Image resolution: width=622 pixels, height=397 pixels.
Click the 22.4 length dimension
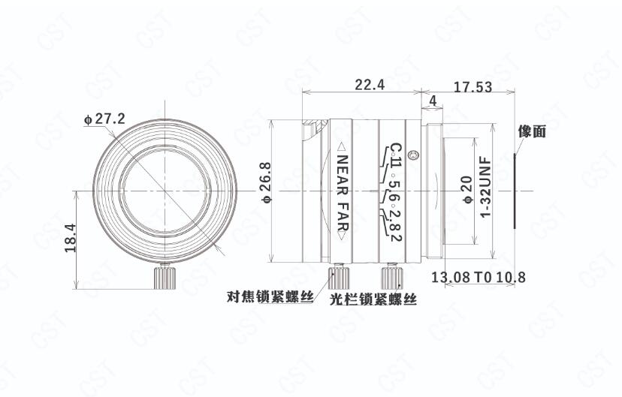coord(370,85)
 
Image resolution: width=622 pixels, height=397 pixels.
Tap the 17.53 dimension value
coord(473,87)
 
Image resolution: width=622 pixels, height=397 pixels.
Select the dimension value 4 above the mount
coord(433,101)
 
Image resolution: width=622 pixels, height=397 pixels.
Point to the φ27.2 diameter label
coord(104,119)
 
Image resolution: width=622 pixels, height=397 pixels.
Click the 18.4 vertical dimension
coord(70,238)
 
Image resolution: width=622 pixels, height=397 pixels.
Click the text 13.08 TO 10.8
coord(478,277)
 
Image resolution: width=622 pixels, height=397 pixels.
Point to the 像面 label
coord(532,131)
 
